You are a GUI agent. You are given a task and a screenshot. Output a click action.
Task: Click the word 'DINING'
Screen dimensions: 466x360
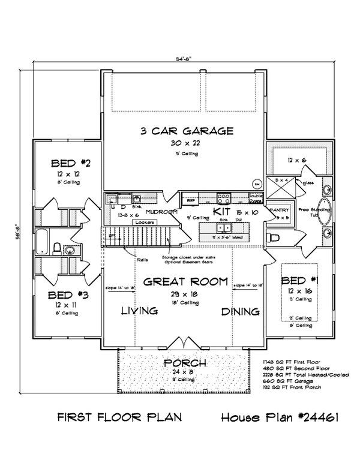(240, 312)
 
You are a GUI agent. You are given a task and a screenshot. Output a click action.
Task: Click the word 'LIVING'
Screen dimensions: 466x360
(139, 311)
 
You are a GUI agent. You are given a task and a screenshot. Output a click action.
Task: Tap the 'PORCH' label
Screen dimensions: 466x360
(185, 364)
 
